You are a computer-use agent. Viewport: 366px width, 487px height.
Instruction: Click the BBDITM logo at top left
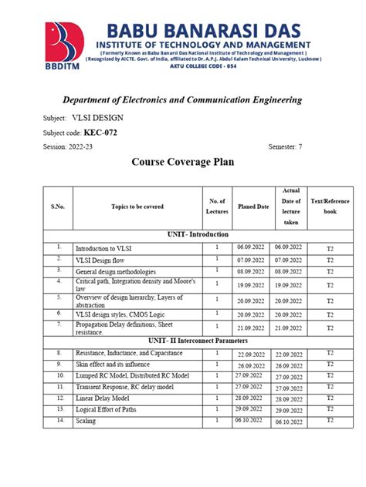(x=66, y=47)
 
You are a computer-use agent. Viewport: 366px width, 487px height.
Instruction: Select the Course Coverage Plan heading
(x=182, y=163)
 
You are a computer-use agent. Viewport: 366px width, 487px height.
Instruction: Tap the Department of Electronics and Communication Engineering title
(x=182, y=100)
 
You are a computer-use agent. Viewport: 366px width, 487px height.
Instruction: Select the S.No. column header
(x=58, y=207)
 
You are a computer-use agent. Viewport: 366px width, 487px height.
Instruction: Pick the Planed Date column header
(x=252, y=207)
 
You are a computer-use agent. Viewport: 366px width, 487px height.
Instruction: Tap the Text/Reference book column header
(x=330, y=207)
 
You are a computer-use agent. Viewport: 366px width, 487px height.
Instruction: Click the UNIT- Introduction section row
(x=198, y=234)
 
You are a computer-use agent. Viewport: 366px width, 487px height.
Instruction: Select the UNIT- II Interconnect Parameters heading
(x=198, y=340)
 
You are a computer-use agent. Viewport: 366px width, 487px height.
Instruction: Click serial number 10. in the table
(x=59, y=374)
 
